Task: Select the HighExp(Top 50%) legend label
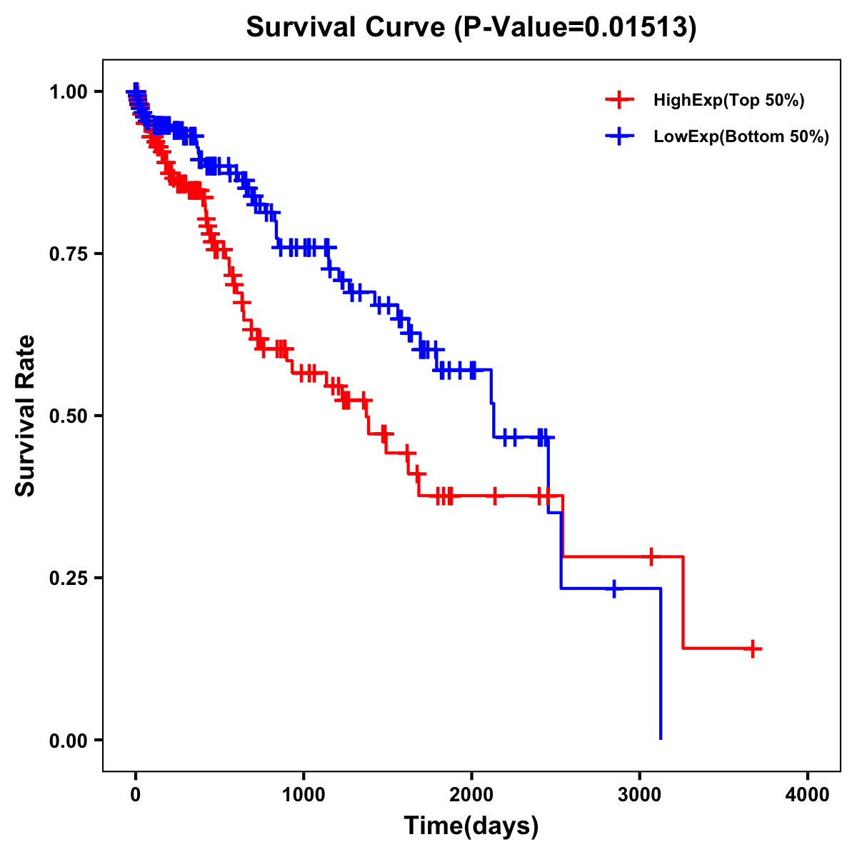tap(729, 101)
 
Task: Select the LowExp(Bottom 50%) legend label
tap(741, 136)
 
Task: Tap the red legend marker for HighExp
tap(619, 100)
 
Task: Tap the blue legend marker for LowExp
tap(619, 136)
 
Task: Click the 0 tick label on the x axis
tap(136, 795)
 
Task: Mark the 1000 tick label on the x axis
tap(304, 795)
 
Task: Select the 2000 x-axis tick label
tap(471, 795)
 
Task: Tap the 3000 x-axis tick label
tap(640, 795)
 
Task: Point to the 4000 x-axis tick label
tap(808, 795)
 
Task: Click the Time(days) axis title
tap(471, 826)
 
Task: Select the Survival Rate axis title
tap(26, 416)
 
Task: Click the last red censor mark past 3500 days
tap(752, 648)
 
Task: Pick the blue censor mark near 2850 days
tap(613, 588)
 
